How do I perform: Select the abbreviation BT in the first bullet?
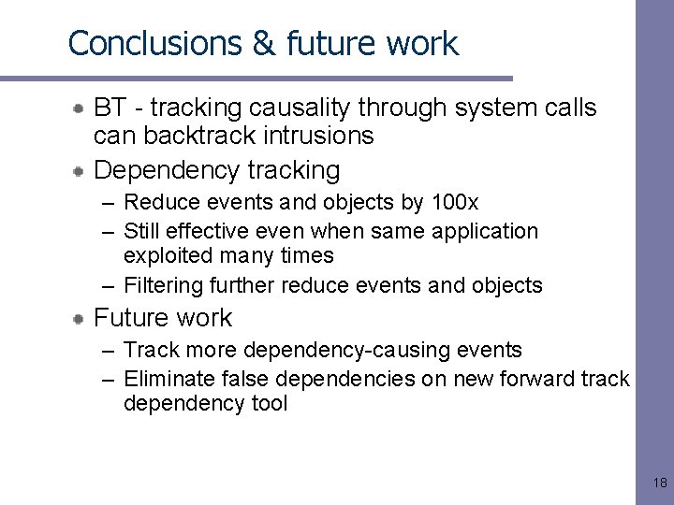coord(110,108)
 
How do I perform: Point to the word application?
coord(486,230)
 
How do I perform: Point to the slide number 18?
coord(659,483)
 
